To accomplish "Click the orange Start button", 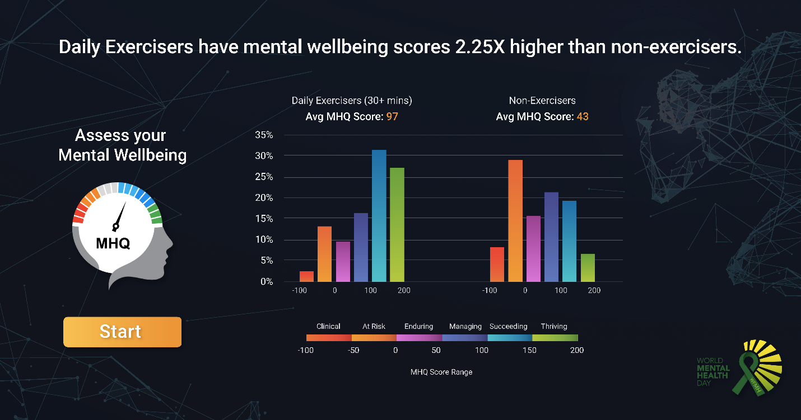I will (x=122, y=332).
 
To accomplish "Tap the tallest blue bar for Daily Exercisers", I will (x=379, y=216).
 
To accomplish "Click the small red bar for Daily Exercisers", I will (x=306, y=276).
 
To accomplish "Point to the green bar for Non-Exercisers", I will (x=588, y=268).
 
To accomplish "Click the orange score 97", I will (x=392, y=117).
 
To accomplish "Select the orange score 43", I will (x=583, y=117).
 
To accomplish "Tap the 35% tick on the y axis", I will (x=264, y=135).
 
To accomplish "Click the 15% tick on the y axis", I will (x=264, y=219).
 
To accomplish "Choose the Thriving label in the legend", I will (x=554, y=327).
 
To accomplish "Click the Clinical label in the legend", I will (x=328, y=327).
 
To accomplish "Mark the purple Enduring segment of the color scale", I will (x=419, y=338).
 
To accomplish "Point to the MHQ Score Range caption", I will (x=441, y=372).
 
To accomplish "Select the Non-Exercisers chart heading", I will (x=542, y=101).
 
